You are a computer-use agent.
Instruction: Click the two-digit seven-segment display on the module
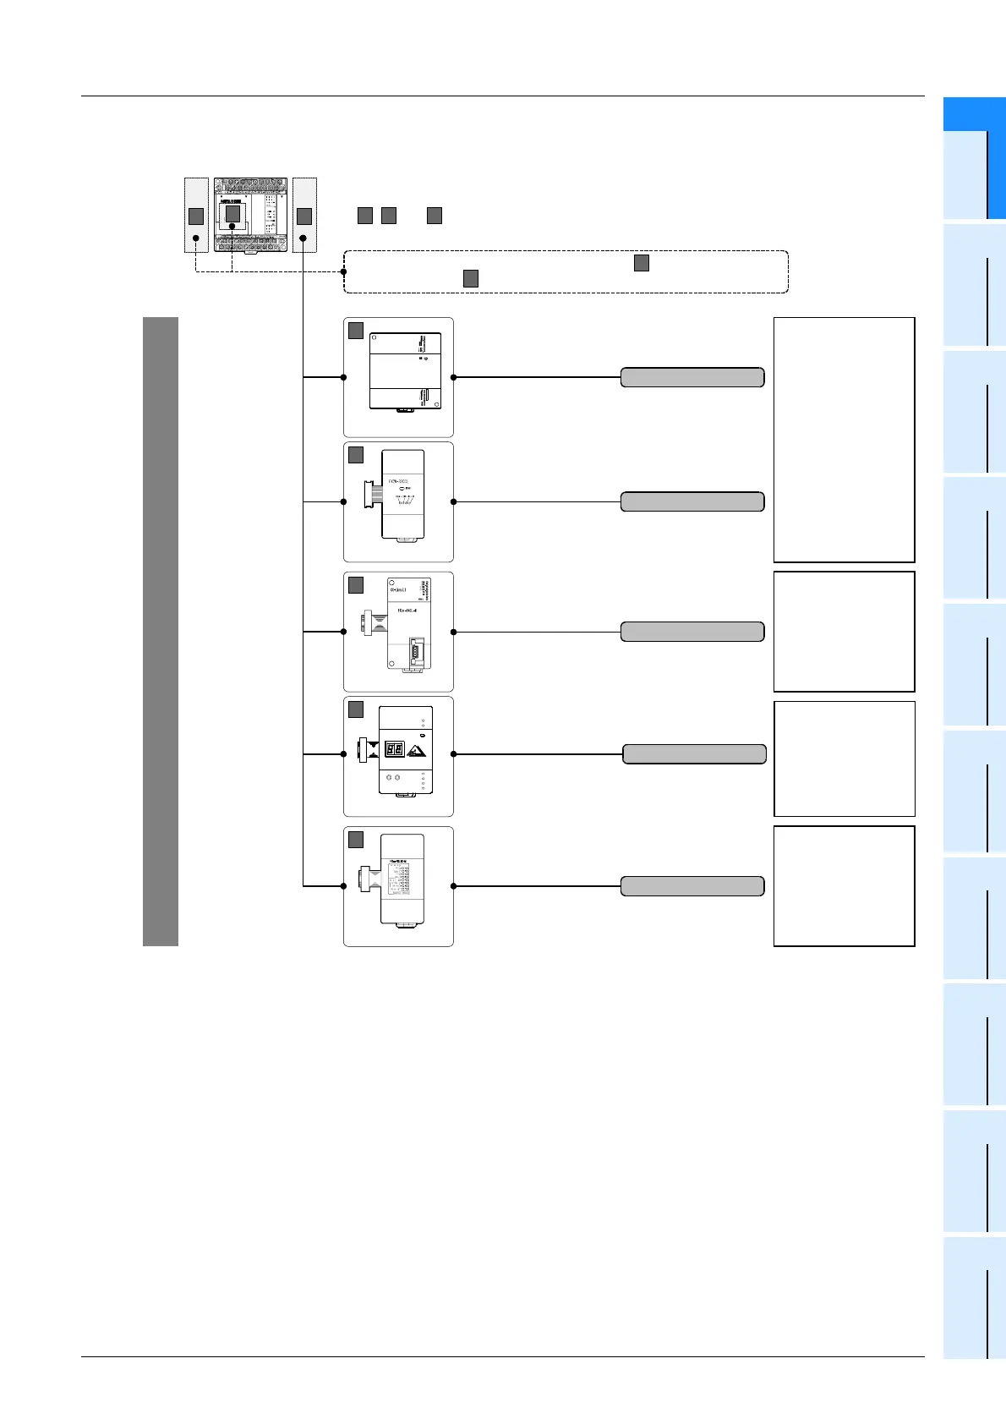click(x=393, y=749)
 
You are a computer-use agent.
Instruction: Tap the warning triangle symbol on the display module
click(x=416, y=750)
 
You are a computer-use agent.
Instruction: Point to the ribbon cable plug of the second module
click(x=369, y=495)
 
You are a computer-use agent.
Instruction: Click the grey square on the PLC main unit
click(x=233, y=215)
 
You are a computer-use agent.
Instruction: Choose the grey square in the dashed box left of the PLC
click(x=195, y=216)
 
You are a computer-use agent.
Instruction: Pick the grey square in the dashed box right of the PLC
click(x=304, y=216)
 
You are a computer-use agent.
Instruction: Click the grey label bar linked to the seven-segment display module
click(x=694, y=754)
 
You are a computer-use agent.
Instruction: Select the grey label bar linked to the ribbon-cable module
click(x=692, y=501)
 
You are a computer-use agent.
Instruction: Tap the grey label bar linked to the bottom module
click(x=692, y=886)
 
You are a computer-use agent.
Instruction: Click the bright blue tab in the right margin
click(x=974, y=158)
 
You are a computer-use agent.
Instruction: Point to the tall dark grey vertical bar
click(x=161, y=631)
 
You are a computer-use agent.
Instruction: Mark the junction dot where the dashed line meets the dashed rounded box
click(x=344, y=271)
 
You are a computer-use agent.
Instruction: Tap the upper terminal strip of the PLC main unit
click(x=250, y=185)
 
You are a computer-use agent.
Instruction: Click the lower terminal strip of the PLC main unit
click(x=250, y=242)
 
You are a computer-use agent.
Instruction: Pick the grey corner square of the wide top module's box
click(x=356, y=331)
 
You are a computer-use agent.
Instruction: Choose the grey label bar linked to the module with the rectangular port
click(x=692, y=632)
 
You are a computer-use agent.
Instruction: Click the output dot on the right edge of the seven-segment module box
click(x=454, y=754)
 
